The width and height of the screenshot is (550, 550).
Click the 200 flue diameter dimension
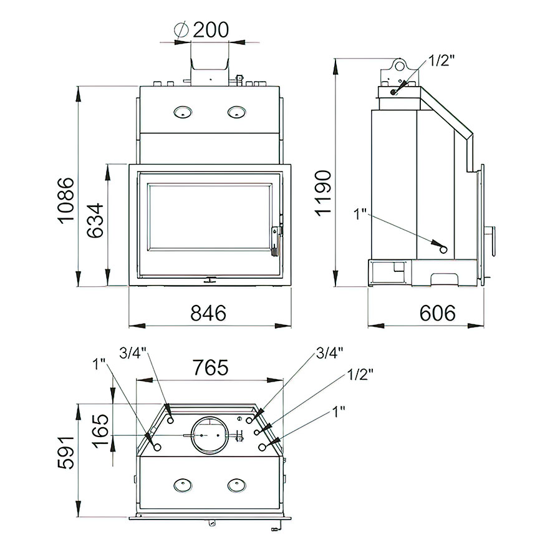tap(211, 30)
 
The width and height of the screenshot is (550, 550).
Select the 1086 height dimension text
tap(66, 200)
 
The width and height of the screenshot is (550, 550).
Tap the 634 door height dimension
tap(95, 220)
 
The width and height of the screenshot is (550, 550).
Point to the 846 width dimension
tap(208, 313)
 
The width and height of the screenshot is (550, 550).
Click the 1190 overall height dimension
tap(323, 193)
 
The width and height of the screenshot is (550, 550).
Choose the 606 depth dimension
tap(437, 313)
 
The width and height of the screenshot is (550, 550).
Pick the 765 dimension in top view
tap(211, 368)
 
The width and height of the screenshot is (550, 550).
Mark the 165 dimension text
tap(100, 431)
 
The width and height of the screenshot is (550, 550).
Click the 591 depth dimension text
tap(66, 453)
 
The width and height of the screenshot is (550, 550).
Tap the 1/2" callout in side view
tap(441, 60)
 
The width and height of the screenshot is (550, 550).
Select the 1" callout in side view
tap(360, 214)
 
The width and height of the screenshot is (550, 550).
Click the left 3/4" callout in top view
tap(133, 353)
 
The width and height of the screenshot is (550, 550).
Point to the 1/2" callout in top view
tap(360, 375)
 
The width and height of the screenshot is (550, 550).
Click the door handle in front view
tap(277, 242)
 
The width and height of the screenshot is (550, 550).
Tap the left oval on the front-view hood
tap(183, 112)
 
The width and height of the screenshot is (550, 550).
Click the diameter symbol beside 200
tap(181, 29)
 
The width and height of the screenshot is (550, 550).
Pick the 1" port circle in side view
tap(443, 249)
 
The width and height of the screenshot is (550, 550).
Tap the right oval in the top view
tap(237, 485)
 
